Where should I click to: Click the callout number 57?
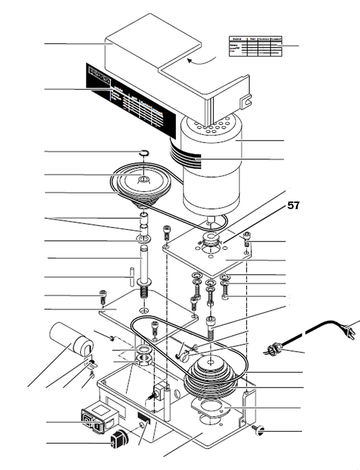(x=293, y=205)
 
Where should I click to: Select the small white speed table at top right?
(x=255, y=46)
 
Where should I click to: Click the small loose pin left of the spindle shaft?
(x=132, y=276)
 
